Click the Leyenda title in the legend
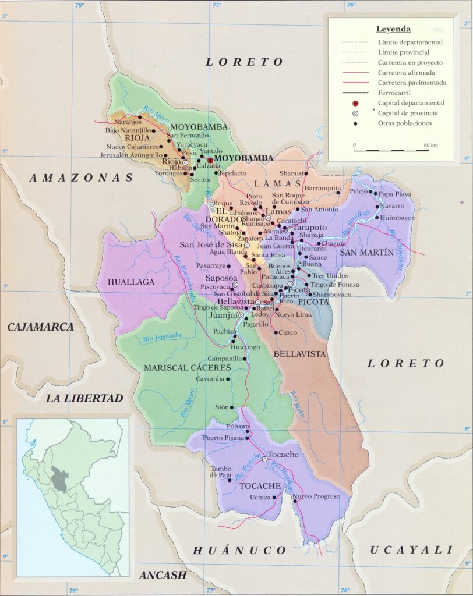click(x=393, y=29)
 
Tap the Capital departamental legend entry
click(x=411, y=103)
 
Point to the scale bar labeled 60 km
click(x=391, y=150)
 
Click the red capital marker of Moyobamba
click(x=210, y=159)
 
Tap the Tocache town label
click(x=284, y=455)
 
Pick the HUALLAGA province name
click(x=131, y=282)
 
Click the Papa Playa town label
click(x=396, y=194)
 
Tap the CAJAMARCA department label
click(x=40, y=327)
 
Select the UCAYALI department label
click(x=411, y=549)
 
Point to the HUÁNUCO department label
click(x=239, y=550)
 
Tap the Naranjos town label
click(x=129, y=122)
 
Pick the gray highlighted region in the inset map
click(x=59, y=478)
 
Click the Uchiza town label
click(x=260, y=497)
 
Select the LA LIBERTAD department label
click(x=85, y=398)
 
